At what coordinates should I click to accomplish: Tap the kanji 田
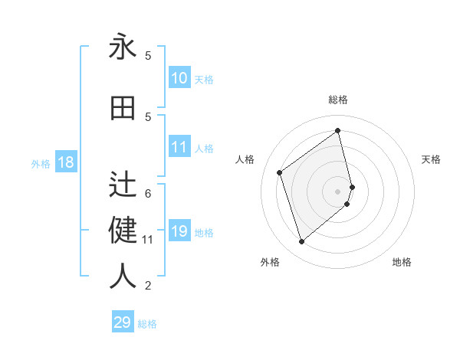point(123,109)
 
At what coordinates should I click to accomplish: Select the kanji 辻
point(123,185)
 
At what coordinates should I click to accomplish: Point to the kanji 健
point(123,231)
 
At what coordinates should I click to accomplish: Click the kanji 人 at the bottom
point(123,277)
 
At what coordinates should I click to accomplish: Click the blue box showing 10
point(179,77)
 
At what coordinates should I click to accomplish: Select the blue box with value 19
point(179,231)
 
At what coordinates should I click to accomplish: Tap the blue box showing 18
point(66,162)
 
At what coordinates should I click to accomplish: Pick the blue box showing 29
point(123,322)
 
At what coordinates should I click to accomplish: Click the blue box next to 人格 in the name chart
point(179,147)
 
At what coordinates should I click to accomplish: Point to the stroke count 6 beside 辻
point(148,193)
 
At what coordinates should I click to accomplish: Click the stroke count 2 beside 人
point(148,286)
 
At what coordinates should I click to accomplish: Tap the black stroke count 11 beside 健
point(148,240)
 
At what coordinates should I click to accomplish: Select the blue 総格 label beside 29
point(147,324)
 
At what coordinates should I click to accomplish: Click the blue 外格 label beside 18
point(41,163)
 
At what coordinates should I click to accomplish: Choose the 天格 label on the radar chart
point(432,159)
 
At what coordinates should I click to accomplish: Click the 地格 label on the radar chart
point(402,262)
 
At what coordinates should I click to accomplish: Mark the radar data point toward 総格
point(338,131)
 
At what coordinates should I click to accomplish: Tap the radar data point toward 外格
point(301,242)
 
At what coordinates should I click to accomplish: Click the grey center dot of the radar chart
point(338,191)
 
